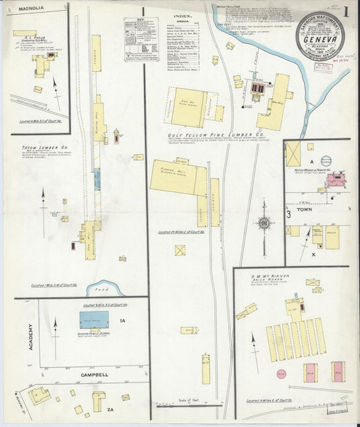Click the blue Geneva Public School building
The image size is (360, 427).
pyautogui.click(x=95, y=320)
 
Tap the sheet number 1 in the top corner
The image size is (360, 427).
pyautogui.click(x=345, y=11)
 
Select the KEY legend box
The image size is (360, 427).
pyautogui.click(x=140, y=40)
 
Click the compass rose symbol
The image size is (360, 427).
pyautogui.click(x=264, y=222)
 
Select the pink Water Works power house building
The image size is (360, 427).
pyautogui.click(x=335, y=179)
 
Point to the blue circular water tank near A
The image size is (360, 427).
pyautogui.click(x=326, y=161)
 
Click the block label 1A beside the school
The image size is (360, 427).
pyautogui.click(x=123, y=321)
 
